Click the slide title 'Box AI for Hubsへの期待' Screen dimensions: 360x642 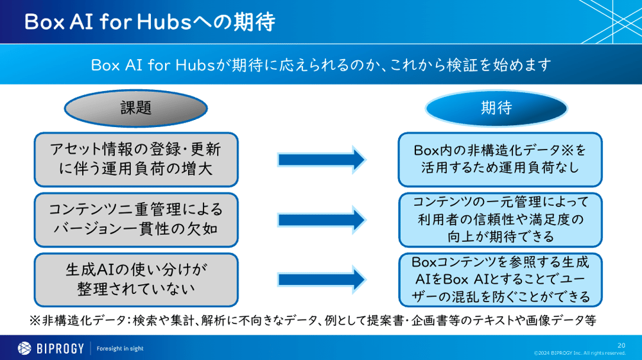pos(149,22)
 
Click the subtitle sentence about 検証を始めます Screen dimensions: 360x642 pos(321,65)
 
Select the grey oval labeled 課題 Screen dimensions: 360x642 pos(136,108)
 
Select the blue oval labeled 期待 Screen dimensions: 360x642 pos(496,108)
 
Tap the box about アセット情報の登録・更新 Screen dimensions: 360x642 pos(135,158)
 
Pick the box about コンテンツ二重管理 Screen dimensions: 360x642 pos(135,219)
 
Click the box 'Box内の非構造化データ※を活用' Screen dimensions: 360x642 pos(499,158)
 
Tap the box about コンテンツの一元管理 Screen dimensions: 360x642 pos(499,219)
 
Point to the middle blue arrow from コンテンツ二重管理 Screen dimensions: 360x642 pos(321,219)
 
